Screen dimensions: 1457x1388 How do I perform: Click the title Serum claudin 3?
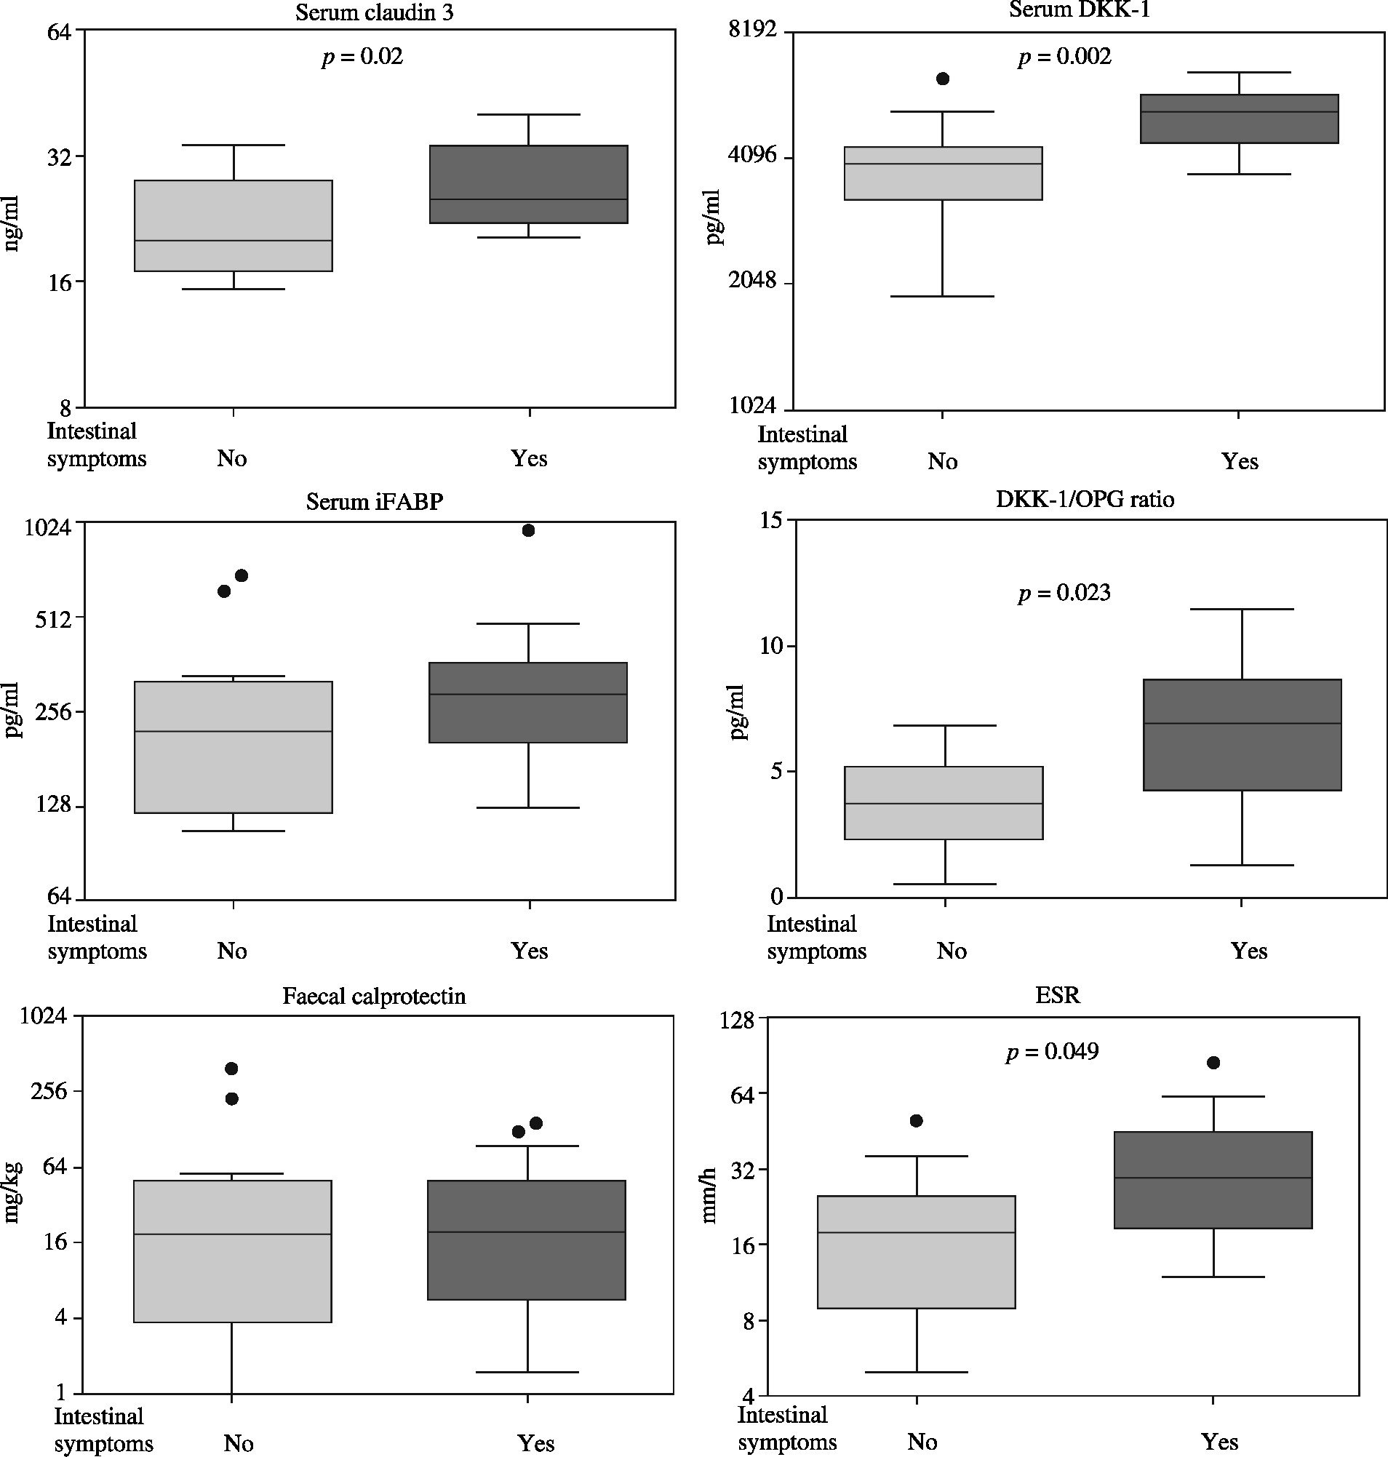375,13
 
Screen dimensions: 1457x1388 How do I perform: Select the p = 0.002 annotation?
1064,57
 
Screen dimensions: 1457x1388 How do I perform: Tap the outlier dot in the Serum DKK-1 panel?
943,79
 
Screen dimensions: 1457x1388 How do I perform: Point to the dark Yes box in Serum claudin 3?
528,184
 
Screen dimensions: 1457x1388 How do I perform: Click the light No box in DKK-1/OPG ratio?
944,803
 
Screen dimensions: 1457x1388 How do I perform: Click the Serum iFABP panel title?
375,502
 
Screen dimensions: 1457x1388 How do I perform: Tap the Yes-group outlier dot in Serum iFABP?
528,530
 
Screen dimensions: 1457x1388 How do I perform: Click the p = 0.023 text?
1064,593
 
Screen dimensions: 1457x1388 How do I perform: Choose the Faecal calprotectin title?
375,996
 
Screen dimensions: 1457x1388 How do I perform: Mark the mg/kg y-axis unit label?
13,1192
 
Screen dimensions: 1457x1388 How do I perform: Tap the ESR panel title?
1057,996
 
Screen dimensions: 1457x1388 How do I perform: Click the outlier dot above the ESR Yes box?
1213,1063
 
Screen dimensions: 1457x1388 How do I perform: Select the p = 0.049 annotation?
1052,1052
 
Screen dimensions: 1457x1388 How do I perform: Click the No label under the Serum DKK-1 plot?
943,462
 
